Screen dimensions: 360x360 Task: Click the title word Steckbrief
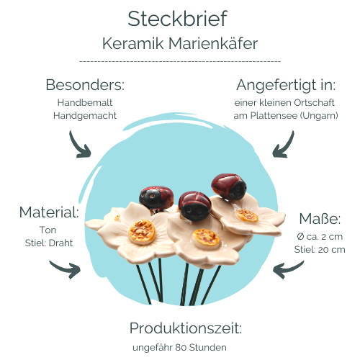[177, 19]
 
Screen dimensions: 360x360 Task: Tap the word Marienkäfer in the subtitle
[213, 44]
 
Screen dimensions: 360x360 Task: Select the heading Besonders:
[85, 85]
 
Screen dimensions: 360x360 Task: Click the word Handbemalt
[85, 103]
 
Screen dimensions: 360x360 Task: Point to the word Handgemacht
[85, 116]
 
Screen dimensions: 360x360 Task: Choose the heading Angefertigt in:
[286, 86]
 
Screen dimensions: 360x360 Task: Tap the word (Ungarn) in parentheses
[319, 116]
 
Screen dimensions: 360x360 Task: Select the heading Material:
[49, 212]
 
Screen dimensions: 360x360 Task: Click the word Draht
[60, 243]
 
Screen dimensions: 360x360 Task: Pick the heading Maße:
[320, 219]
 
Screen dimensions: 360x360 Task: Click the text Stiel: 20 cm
[320, 250]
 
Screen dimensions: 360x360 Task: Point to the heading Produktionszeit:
[186, 328]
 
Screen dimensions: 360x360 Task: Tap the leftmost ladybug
[156, 197]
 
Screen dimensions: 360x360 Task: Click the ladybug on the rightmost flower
[229, 186]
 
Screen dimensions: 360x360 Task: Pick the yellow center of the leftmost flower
[142, 232]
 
